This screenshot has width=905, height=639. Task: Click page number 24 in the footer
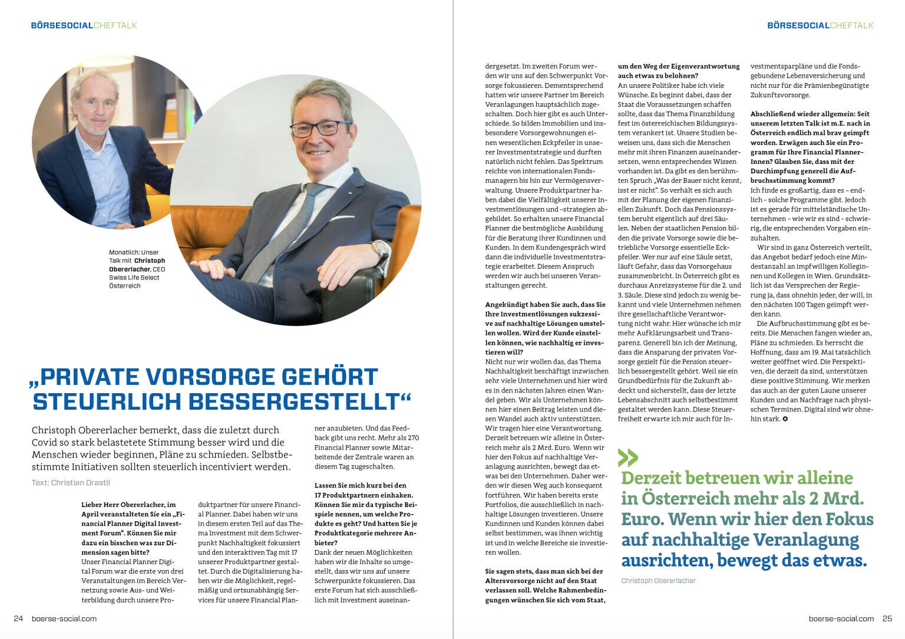tap(18, 618)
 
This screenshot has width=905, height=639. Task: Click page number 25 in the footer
tap(887, 618)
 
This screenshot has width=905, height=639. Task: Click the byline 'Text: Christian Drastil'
tap(71, 482)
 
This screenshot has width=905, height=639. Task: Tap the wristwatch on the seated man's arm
tap(379, 250)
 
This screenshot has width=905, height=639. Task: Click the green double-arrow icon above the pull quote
tap(628, 457)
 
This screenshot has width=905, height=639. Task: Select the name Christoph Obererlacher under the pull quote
tap(658, 581)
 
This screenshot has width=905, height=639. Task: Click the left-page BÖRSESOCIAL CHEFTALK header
tap(84, 25)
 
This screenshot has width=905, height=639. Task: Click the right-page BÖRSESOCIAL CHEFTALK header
tap(820, 25)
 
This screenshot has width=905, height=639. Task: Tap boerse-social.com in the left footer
tap(64, 618)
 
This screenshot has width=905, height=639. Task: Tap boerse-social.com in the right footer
tap(841, 618)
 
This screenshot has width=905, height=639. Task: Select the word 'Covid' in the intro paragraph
tap(45, 442)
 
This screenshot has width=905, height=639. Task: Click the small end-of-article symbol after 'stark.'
tap(785, 419)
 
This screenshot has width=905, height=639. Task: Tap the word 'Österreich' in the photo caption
tap(125, 286)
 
